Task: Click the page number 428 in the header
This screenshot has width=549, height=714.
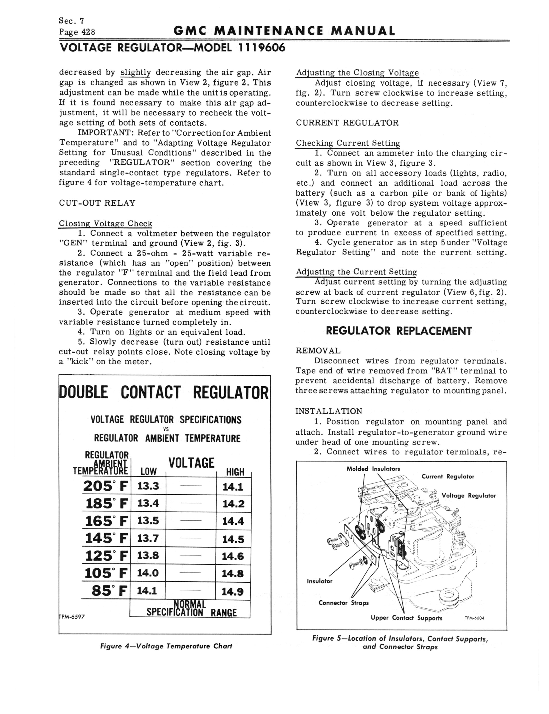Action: pos(88,32)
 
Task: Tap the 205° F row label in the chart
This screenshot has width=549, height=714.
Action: pos(105,486)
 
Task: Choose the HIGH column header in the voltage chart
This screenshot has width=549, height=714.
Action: pos(235,472)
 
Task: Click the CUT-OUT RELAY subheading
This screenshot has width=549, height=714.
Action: pos(97,203)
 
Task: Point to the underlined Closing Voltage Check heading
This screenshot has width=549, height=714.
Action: pos(105,224)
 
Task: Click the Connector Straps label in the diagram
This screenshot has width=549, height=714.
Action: pos(343,603)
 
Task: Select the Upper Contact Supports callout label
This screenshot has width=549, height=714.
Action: pos(406,618)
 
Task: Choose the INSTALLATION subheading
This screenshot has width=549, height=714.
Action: pos(329,411)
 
